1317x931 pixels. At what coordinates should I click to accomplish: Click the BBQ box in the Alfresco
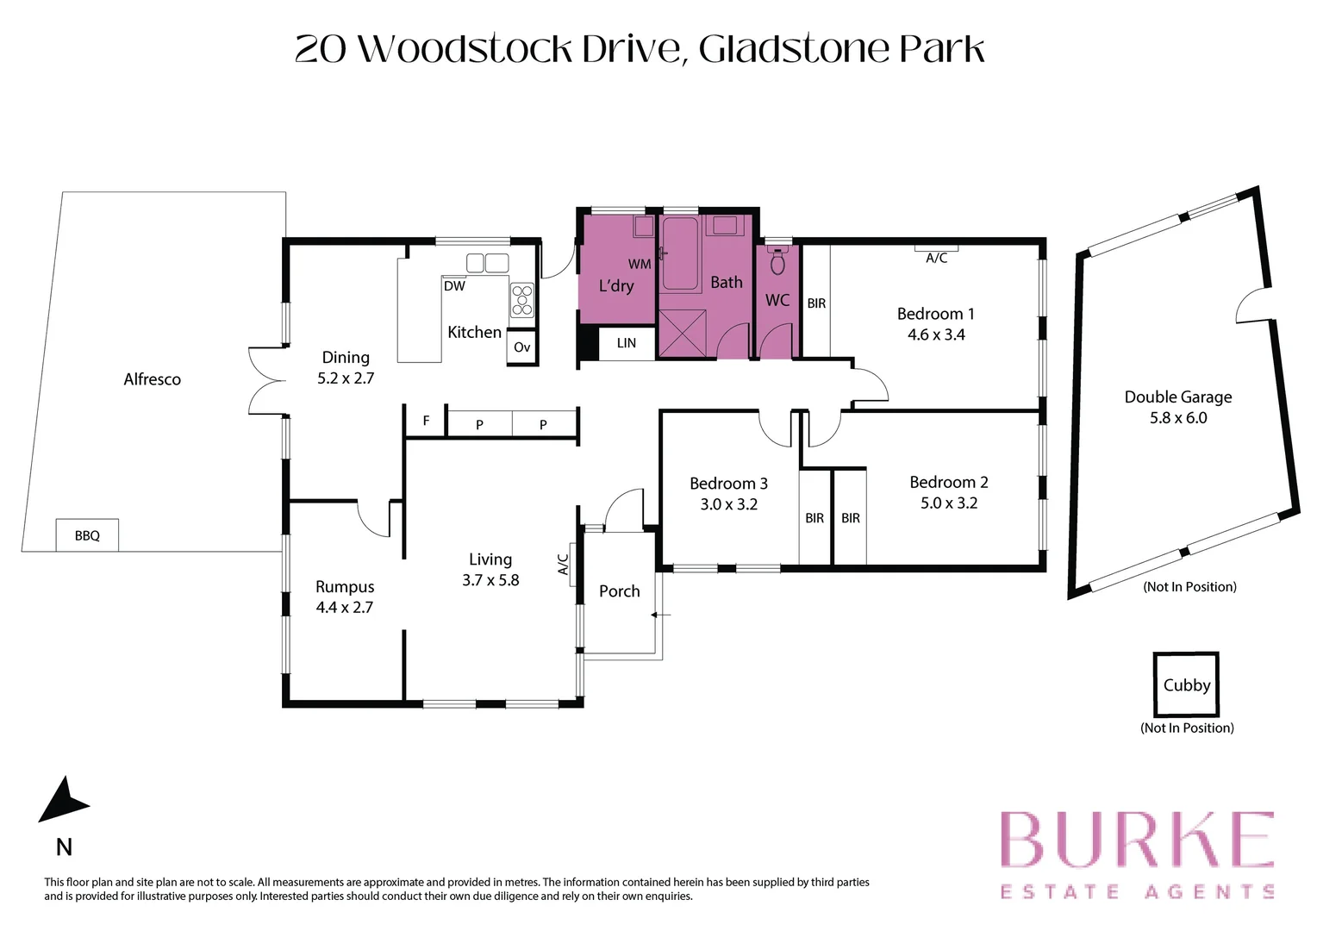[x=87, y=535]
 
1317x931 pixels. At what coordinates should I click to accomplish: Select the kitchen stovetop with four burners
[x=522, y=301]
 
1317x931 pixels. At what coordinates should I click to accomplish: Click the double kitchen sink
[x=487, y=263]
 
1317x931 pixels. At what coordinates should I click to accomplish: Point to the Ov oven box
[x=521, y=347]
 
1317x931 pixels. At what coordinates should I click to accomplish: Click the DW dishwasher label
[x=454, y=286]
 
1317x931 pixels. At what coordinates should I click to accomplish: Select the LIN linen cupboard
[x=627, y=343]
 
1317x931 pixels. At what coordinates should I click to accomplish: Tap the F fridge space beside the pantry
[x=426, y=422]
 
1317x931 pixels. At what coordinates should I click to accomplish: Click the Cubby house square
[x=1186, y=684]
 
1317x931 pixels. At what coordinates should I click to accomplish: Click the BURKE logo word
[x=1136, y=840]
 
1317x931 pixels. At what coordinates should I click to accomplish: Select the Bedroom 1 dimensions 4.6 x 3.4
[x=935, y=335]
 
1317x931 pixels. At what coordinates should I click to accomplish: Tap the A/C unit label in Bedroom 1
[x=936, y=257]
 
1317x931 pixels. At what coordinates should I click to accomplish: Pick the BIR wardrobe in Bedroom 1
[x=816, y=303]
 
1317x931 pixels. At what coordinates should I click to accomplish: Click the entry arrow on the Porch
[x=660, y=615]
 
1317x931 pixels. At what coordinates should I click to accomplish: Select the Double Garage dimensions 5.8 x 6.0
[x=1177, y=418]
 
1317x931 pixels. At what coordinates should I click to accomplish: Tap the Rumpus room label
[x=345, y=587]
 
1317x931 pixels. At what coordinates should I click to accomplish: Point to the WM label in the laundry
[x=639, y=264]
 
